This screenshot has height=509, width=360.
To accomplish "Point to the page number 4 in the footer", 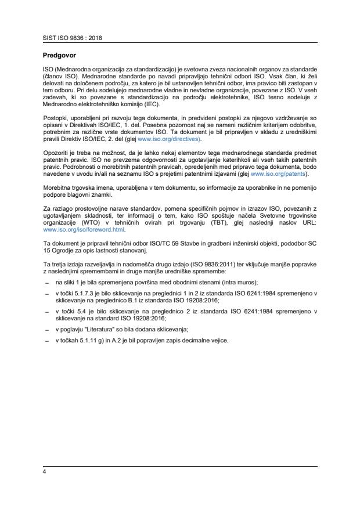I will tap(45, 471).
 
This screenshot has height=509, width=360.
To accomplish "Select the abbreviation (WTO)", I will tap(86, 222).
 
